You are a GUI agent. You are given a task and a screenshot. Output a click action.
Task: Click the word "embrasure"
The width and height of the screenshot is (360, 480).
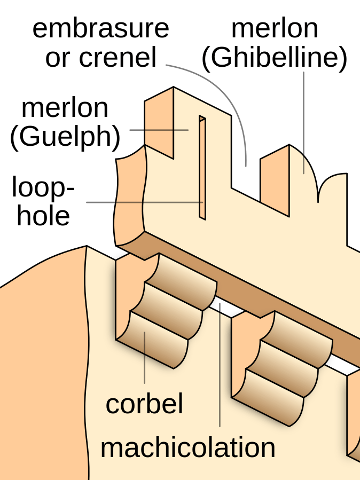pyautogui.click(x=100, y=28)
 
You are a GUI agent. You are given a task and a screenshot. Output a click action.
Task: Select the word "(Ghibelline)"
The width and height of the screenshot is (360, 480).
pyautogui.click(x=275, y=58)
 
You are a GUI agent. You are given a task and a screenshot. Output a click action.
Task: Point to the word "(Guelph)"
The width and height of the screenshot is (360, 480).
pyautogui.click(x=65, y=137)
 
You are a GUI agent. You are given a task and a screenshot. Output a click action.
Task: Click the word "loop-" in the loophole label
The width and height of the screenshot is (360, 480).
pyautogui.click(x=43, y=188)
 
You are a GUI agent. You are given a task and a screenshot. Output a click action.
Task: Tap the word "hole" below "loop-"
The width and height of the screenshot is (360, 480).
pyautogui.click(x=43, y=216)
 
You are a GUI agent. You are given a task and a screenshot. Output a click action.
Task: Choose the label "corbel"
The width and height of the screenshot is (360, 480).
pyautogui.click(x=144, y=404)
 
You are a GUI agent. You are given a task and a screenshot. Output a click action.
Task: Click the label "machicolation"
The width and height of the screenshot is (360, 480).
pyautogui.click(x=188, y=447)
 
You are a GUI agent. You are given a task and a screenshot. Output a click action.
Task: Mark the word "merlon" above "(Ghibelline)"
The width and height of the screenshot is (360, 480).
pyautogui.click(x=275, y=28)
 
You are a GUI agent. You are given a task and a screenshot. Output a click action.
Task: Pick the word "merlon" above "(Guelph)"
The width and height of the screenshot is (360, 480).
pyautogui.click(x=65, y=108)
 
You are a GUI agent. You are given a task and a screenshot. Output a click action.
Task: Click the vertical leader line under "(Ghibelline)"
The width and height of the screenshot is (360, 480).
pyautogui.click(x=304, y=123)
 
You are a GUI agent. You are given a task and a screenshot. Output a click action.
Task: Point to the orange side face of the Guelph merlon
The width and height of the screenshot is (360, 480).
pyautogui.click(x=159, y=123)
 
